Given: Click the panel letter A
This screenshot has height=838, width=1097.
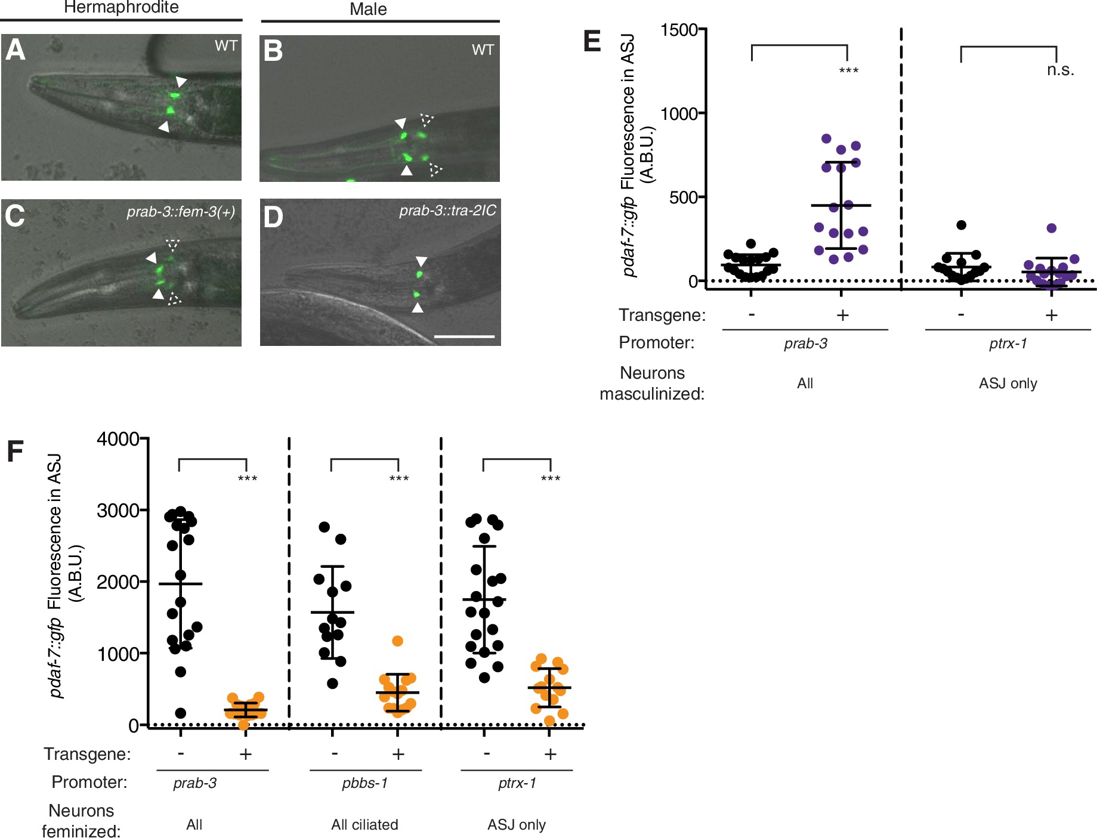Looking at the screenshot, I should click(x=16, y=50).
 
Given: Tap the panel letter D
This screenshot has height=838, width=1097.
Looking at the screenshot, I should click(x=273, y=217).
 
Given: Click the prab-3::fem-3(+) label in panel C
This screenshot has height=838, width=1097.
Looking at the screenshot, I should click(x=181, y=212).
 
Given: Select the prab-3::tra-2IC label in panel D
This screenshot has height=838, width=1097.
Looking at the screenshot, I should click(x=447, y=211).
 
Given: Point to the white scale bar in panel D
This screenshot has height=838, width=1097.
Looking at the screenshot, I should click(x=464, y=337).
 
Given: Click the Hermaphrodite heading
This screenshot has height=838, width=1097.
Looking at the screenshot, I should click(x=121, y=8).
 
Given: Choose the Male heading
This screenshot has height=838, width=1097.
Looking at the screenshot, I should click(x=368, y=10).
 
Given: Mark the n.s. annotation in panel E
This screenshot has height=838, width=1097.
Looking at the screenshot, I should click(x=1060, y=70).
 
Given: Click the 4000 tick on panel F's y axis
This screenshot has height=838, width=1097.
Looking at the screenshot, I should click(x=118, y=440).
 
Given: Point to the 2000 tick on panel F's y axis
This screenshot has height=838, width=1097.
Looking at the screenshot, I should click(x=118, y=582).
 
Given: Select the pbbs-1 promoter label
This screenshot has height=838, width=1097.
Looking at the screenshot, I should click(x=364, y=783).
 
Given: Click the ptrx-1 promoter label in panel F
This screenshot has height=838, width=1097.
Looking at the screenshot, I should click(x=517, y=783).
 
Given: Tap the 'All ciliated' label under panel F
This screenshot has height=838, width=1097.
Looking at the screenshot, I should click(x=364, y=825).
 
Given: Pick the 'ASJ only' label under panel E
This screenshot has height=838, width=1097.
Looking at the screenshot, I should click(x=1008, y=384).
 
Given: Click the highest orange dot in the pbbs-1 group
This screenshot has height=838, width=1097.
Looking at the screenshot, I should click(x=397, y=641).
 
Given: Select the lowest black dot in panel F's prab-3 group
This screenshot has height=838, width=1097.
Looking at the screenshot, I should click(x=180, y=713).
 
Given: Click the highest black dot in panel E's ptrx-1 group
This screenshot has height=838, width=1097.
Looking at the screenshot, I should click(x=961, y=225).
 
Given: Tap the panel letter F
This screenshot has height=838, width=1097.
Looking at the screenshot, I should click(x=15, y=452).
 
